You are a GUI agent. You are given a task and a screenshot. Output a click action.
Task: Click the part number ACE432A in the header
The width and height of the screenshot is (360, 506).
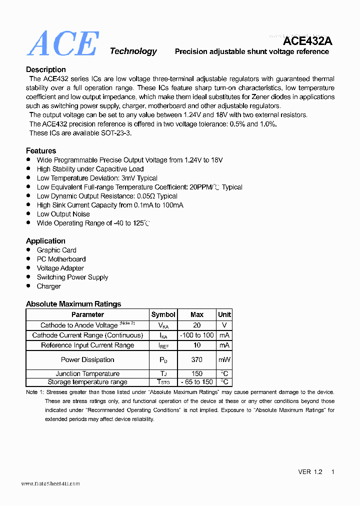(x=307, y=41)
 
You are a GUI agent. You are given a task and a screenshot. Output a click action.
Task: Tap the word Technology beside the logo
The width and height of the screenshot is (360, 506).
(x=133, y=51)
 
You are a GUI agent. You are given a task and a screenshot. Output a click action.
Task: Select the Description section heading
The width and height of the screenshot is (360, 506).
(x=46, y=69)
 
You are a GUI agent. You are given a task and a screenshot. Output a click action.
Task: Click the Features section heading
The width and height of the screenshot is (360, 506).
(x=41, y=150)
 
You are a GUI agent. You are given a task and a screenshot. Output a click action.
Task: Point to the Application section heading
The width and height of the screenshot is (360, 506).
(x=45, y=241)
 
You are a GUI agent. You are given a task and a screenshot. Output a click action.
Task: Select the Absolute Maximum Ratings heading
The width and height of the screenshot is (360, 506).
(x=73, y=304)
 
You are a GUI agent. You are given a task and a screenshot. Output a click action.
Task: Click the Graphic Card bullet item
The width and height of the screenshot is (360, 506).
(x=56, y=250)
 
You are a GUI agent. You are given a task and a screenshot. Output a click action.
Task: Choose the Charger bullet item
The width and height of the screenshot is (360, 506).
(x=48, y=286)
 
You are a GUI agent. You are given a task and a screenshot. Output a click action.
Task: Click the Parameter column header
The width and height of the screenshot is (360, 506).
(x=87, y=314)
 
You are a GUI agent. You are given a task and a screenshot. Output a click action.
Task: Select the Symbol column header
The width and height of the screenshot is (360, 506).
(x=163, y=314)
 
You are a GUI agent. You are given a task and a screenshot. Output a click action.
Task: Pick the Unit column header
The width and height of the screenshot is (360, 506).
(x=224, y=314)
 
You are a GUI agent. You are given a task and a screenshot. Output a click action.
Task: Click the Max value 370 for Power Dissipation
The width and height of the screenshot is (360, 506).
(x=197, y=359)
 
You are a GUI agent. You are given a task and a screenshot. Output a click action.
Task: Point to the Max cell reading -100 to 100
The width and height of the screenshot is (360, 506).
(x=197, y=335)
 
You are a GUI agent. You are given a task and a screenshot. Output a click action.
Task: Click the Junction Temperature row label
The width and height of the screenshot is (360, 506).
(x=87, y=373)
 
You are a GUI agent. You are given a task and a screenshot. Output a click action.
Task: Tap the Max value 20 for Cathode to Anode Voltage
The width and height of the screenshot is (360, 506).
(x=197, y=325)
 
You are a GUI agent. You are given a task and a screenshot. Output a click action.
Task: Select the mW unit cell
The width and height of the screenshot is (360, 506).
(x=224, y=359)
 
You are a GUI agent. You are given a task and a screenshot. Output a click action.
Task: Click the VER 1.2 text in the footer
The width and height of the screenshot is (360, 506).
(x=310, y=472)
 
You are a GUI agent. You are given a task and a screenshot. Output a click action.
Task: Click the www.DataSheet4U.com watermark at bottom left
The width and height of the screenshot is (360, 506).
(x=50, y=483)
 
